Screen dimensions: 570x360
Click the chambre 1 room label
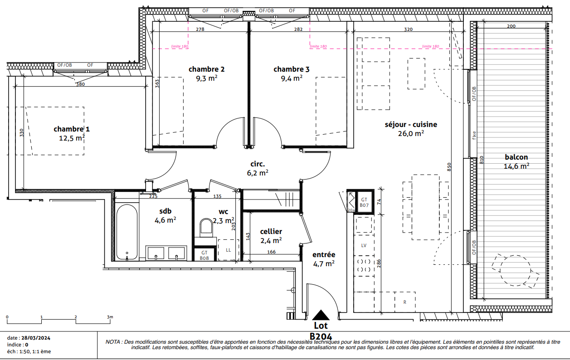(72, 129)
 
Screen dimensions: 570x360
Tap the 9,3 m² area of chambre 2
(206, 78)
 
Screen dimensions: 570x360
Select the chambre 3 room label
(292, 69)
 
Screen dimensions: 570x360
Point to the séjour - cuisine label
(411, 124)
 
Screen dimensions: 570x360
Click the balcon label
(516, 157)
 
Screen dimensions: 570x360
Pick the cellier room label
(271, 232)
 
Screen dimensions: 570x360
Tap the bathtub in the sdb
(127, 232)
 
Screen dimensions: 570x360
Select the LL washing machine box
(229, 250)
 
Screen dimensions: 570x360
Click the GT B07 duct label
(364, 203)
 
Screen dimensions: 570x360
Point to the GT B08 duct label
(205, 255)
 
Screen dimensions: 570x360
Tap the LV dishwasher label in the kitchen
(364, 245)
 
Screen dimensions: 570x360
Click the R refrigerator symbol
(404, 302)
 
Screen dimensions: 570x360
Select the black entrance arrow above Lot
(321, 315)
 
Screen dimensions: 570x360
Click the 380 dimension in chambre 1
(80, 84)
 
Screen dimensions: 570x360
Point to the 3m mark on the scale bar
(110, 317)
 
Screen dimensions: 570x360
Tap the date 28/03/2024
(36, 338)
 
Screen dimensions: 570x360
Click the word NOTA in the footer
(113, 342)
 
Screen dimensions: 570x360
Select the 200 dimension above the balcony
(511, 26)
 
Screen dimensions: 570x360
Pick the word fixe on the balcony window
(474, 135)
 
